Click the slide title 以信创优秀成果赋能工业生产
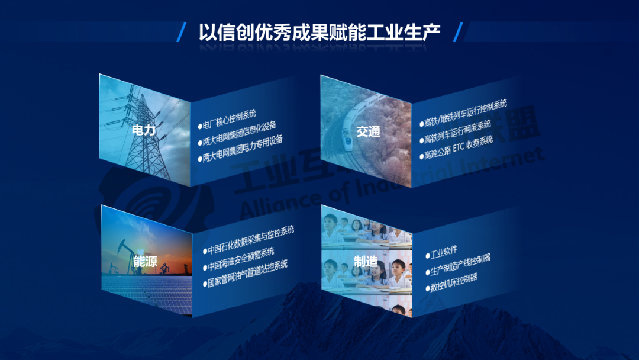click(x=319, y=33)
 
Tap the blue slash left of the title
click(x=182, y=32)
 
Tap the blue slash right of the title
click(x=458, y=32)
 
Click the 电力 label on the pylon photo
click(x=144, y=130)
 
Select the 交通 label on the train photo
click(x=368, y=131)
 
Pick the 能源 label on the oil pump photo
click(x=145, y=261)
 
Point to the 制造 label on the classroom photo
click(x=366, y=261)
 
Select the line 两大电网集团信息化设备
click(x=240, y=133)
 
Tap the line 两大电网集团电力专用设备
click(x=243, y=149)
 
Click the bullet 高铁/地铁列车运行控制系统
click(x=466, y=113)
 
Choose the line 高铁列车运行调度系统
click(x=457, y=131)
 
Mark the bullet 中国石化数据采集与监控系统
click(x=251, y=240)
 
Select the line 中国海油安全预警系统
click(x=241, y=259)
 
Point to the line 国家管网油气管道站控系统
click(x=247, y=274)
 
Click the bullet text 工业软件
click(x=444, y=252)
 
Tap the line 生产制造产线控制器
click(x=460, y=265)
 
